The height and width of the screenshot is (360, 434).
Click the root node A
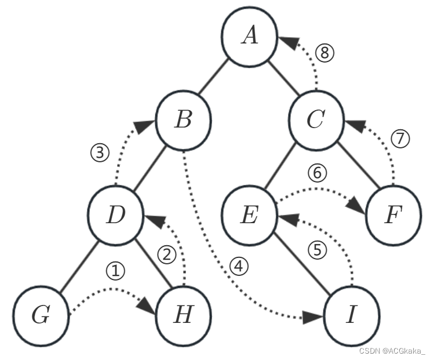point(250,36)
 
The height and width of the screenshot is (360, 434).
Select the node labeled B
point(183,121)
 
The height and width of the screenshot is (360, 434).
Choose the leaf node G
point(41,315)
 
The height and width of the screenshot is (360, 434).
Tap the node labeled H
point(183,315)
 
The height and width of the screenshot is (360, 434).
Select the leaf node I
point(351,315)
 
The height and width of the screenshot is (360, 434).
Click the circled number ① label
point(116,271)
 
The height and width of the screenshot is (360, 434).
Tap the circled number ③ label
point(100,153)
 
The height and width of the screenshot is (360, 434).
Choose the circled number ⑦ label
point(400,139)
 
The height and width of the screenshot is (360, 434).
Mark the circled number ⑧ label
point(325,53)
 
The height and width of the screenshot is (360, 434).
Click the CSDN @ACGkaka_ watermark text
point(392,351)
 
